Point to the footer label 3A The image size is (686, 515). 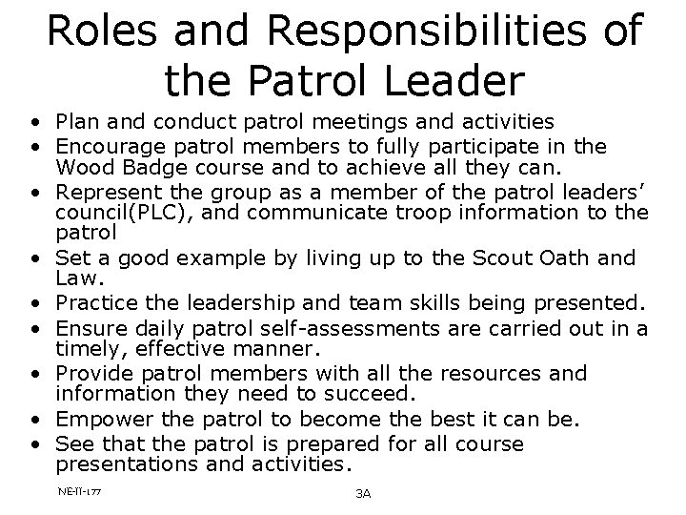tap(362, 493)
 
